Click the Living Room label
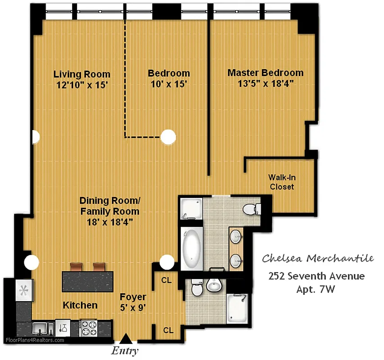click(x=81, y=74)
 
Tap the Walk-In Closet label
click(x=282, y=182)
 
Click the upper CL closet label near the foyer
click(x=167, y=280)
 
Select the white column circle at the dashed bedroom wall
click(x=168, y=136)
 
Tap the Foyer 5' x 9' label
click(x=132, y=301)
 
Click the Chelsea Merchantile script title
click(x=317, y=259)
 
